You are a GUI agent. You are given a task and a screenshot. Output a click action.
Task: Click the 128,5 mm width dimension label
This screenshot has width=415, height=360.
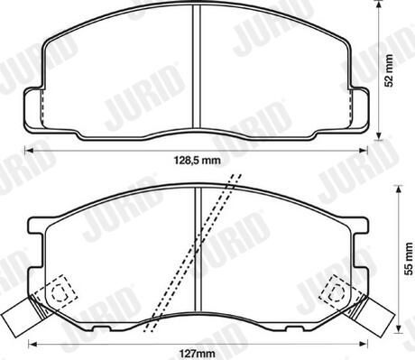198,161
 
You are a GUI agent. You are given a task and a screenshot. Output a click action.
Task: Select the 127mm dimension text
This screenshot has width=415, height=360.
198,353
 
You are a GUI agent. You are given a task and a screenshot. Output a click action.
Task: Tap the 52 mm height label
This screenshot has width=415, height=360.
390,70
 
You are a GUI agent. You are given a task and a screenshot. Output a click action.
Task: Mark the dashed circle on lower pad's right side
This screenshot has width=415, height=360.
337,292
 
